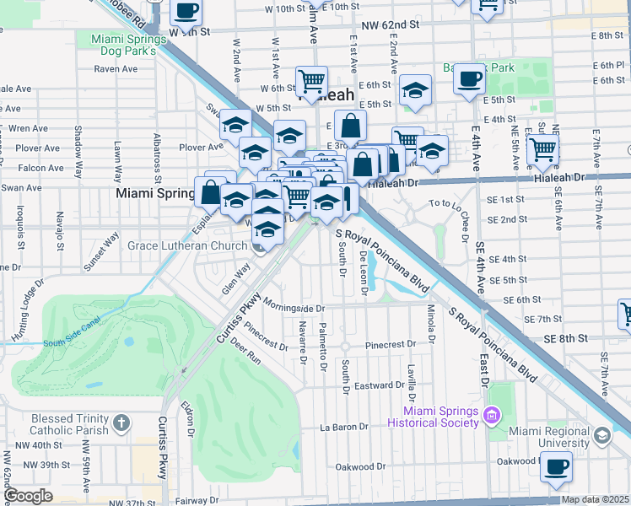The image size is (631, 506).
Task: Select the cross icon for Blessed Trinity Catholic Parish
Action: pyautogui.click(x=121, y=421)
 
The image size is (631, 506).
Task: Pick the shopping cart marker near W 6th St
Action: pyautogui.click(x=311, y=81)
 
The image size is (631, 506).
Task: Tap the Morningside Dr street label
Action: pyautogui.click(x=293, y=304)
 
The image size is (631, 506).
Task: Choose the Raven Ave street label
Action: pyautogui.click(x=116, y=69)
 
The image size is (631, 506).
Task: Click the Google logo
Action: pyautogui.click(x=29, y=496)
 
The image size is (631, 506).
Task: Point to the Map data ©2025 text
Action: pyautogui.click(x=595, y=499)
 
